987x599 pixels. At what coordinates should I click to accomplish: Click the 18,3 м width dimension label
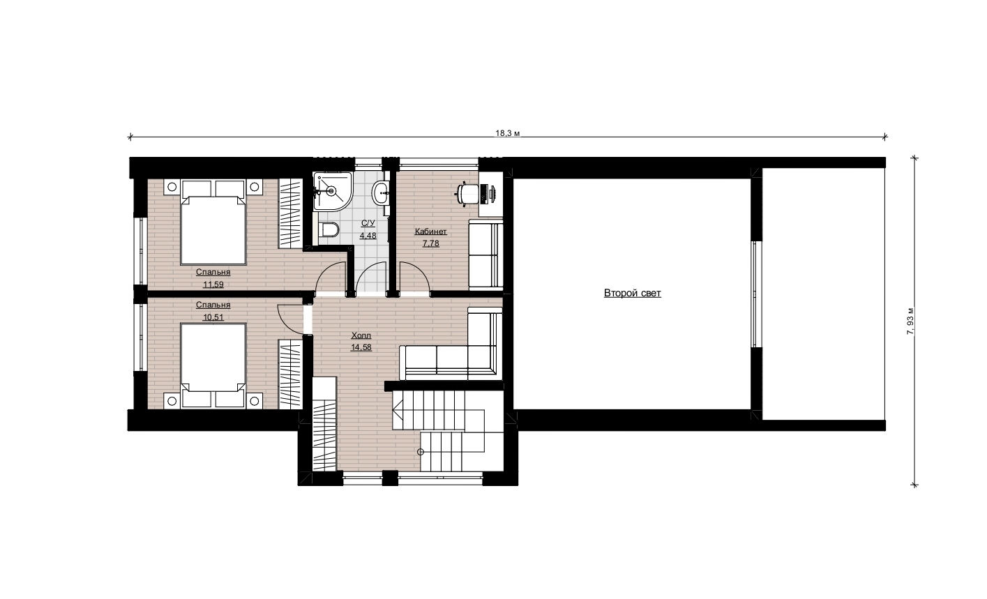click(x=508, y=133)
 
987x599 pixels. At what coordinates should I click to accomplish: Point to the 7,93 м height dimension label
click(x=910, y=321)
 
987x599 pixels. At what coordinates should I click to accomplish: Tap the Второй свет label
click(x=632, y=294)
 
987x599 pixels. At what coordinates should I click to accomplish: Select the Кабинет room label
click(x=430, y=232)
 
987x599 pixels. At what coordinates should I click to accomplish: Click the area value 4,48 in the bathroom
click(x=368, y=236)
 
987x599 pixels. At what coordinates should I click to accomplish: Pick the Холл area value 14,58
click(x=361, y=347)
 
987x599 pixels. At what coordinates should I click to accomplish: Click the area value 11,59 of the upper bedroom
click(x=213, y=285)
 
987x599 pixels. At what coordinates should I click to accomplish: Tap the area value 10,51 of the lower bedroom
click(x=213, y=317)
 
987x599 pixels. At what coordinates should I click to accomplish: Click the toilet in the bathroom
click(x=328, y=229)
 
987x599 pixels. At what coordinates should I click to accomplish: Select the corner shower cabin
click(x=332, y=192)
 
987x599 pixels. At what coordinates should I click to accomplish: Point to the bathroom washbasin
click(x=381, y=192)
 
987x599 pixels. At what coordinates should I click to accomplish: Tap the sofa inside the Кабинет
click(x=485, y=255)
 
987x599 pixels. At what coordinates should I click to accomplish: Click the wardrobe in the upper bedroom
click(x=290, y=213)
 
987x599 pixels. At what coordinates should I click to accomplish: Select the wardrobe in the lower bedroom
click(x=290, y=374)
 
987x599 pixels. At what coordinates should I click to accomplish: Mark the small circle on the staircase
click(x=421, y=452)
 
